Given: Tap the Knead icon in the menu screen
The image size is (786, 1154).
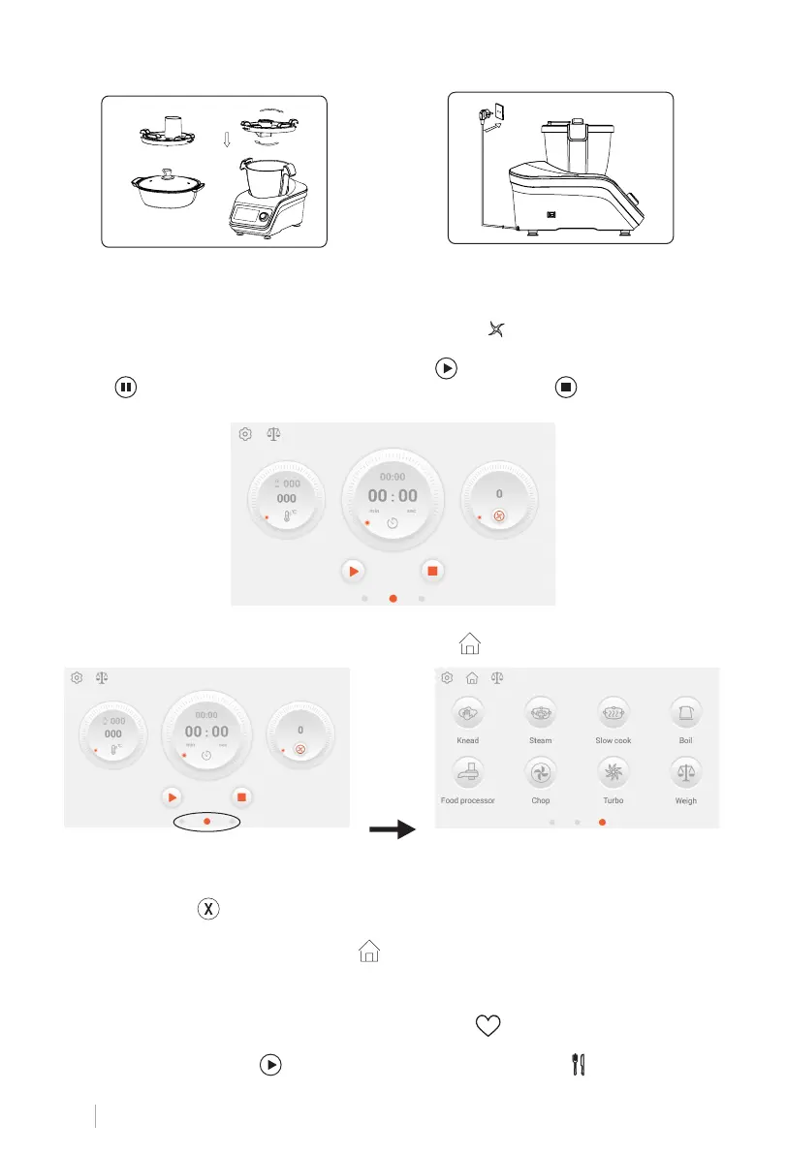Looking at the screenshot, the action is point(468,712).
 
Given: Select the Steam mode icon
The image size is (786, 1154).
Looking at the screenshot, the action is point(540,712).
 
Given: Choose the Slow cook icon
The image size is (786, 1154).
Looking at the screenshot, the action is point(613,712).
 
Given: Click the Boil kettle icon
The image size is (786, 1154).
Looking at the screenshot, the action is point(686,712).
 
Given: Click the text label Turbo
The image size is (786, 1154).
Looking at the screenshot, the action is point(613,801).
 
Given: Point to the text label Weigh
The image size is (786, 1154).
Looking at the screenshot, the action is point(686,801).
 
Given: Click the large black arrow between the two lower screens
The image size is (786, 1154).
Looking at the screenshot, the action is point(392,830).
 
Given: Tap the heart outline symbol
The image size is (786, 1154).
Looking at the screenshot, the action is point(489,1018).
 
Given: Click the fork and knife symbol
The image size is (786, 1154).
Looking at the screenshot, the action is point(582,1062).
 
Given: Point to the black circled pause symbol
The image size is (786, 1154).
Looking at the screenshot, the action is point(125,389).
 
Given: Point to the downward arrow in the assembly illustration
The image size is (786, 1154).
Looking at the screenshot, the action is point(225,140).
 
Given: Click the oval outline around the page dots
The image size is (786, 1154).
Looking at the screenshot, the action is point(206,821).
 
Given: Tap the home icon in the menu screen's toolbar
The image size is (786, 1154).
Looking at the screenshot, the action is point(473,678).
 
